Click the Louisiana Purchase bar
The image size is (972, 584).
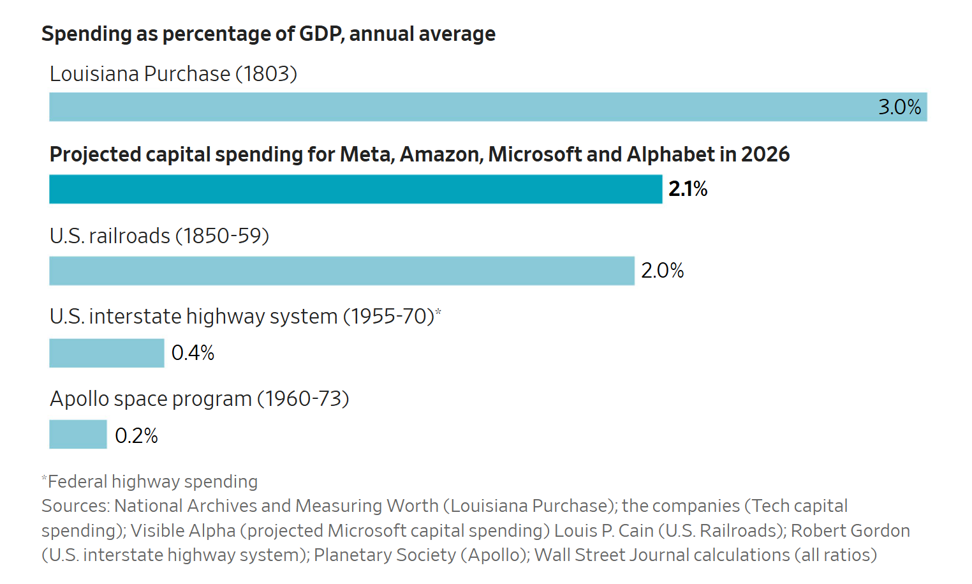click(x=488, y=107)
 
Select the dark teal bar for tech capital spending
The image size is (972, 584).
click(x=355, y=189)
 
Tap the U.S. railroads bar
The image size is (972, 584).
click(x=342, y=271)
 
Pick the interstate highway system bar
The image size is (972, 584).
click(x=107, y=353)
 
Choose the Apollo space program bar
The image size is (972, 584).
click(x=78, y=435)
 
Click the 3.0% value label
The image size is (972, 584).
click(x=899, y=107)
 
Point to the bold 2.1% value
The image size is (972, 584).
click(x=688, y=189)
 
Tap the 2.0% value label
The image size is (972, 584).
click(x=662, y=271)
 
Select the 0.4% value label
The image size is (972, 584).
click(x=193, y=353)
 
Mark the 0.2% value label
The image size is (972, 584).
click(x=136, y=435)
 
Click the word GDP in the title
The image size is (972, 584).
click(x=321, y=34)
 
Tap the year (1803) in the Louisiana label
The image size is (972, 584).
click(x=266, y=74)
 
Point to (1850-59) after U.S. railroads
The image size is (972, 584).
click(x=222, y=236)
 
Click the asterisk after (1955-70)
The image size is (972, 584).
click(x=438, y=311)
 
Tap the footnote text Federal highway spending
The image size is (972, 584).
click(x=153, y=482)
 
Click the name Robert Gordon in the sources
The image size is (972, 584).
click(x=850, y=531)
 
